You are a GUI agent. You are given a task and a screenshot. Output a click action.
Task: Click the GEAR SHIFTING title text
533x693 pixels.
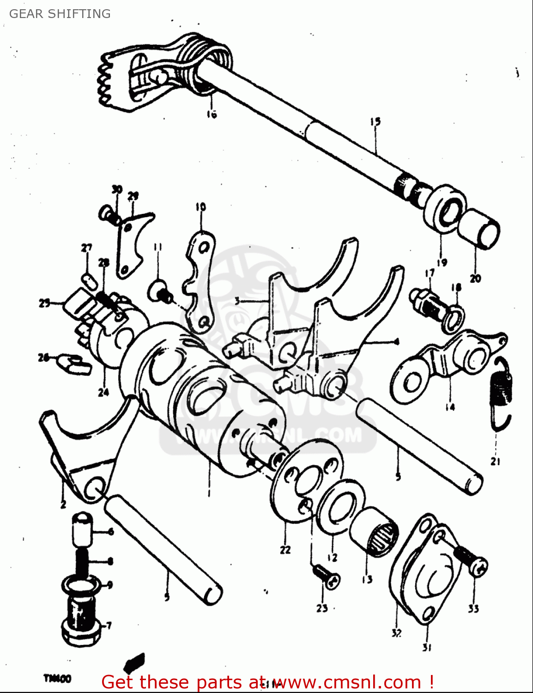point(60,14)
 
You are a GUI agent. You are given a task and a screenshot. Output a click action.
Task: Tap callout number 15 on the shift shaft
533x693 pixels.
point(375,122)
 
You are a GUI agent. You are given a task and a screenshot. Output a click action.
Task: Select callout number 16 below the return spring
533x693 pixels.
point(212,114)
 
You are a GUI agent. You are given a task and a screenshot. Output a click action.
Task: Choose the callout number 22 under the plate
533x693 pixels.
point(285,549)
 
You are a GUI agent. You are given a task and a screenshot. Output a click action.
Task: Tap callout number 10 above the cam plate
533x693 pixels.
point(200,207)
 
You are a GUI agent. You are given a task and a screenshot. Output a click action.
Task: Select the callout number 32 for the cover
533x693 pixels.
point(396,633)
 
